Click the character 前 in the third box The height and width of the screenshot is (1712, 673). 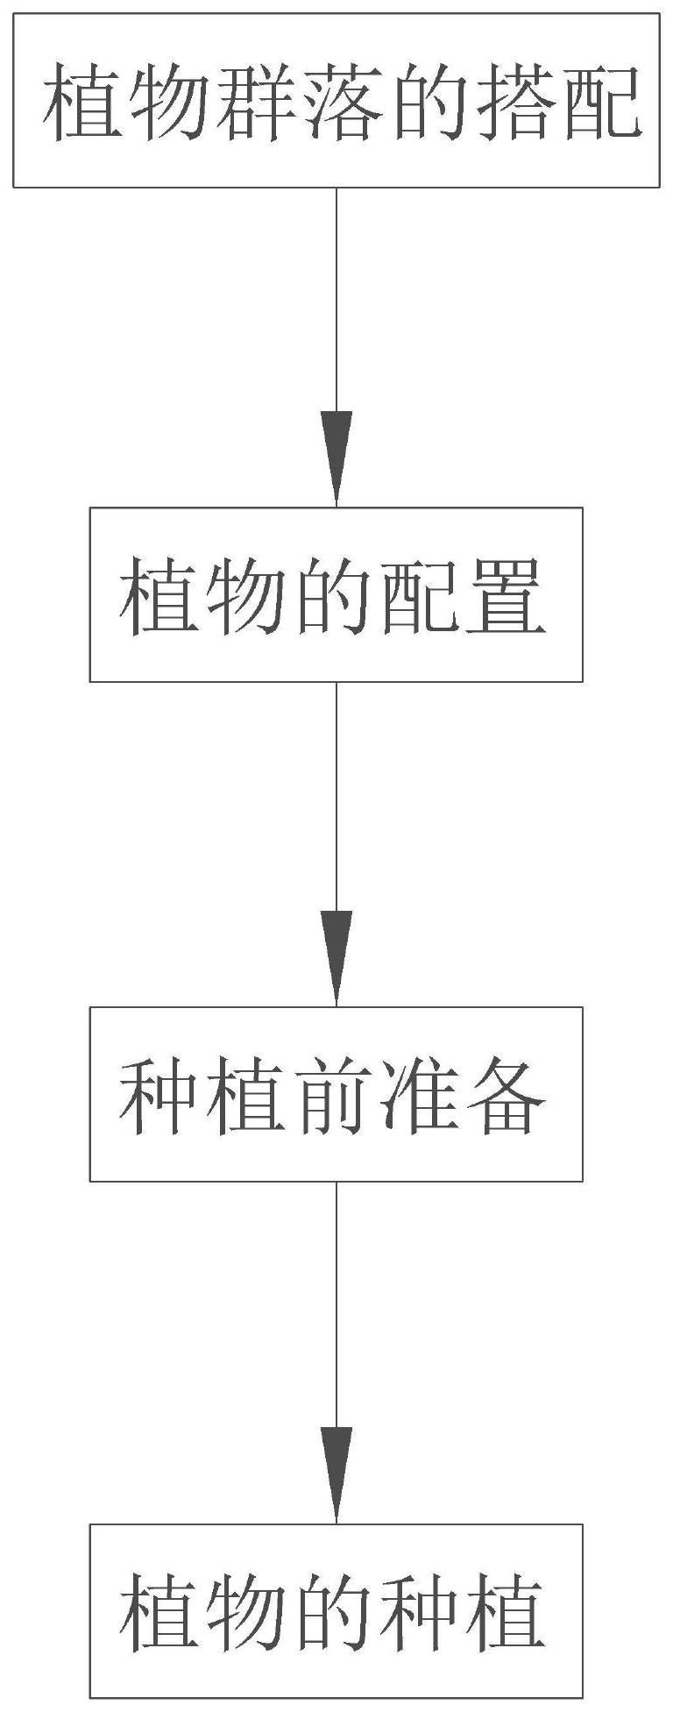(336, 1097)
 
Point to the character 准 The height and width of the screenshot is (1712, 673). (421, 1097)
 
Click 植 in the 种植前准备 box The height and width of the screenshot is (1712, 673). (251, 1097)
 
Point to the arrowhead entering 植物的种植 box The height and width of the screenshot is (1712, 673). (336, 1472)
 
